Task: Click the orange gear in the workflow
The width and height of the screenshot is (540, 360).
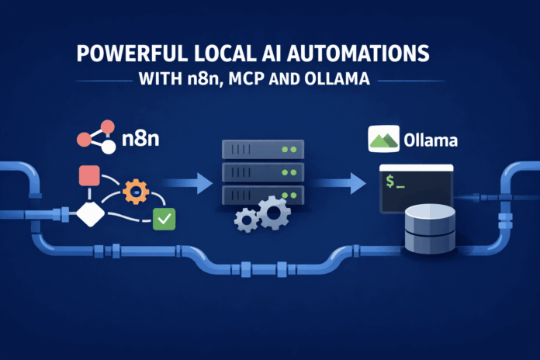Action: [135, 191]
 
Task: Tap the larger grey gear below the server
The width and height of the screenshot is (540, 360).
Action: [275, 213]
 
